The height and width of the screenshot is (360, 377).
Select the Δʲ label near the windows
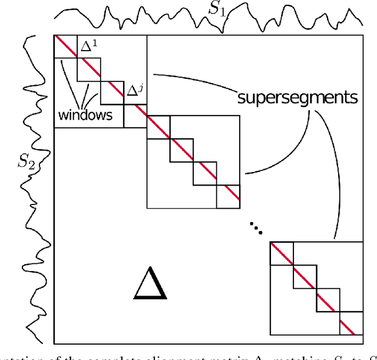134,91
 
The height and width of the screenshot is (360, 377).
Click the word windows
85,114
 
